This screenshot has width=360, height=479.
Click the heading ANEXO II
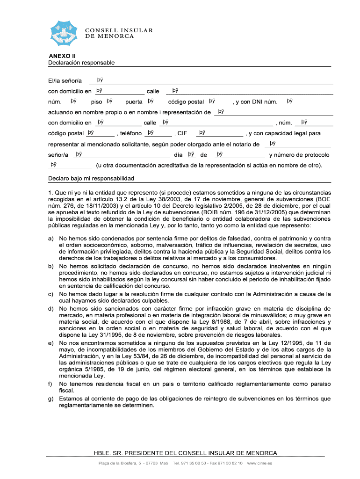coord(59,56)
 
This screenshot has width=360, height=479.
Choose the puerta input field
coord(155,102)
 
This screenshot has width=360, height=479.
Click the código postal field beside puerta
coord(218,102)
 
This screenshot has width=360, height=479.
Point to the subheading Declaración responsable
coord(81,63)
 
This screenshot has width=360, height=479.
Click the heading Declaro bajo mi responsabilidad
coord(91,178)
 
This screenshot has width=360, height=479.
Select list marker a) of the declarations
coord(50,239)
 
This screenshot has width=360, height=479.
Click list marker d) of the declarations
coord(50,309)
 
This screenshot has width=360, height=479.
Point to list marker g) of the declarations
coord(50,399)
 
